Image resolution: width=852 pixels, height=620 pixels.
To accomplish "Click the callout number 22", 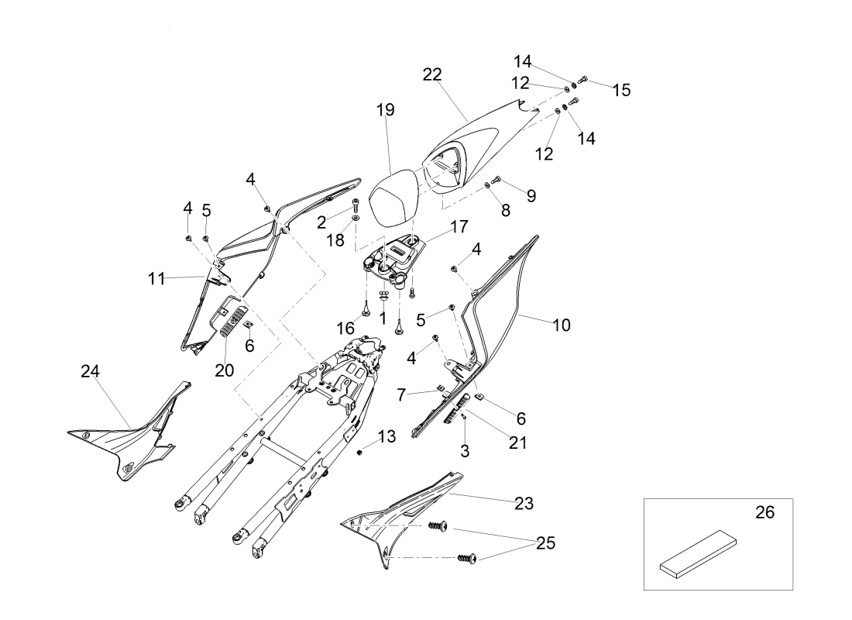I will [x=432, y=74].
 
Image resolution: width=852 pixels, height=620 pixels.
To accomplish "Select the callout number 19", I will [x=386, y=110].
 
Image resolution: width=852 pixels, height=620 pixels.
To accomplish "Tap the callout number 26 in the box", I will [x=764, y=512].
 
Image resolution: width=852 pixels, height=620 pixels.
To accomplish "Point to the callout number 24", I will [x=91, y=371].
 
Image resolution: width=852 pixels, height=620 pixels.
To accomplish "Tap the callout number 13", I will [x=386, y=437].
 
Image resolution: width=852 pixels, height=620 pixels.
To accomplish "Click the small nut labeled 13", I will [x=361, y=452].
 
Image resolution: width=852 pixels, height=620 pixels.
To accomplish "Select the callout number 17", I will [x=459, y=227].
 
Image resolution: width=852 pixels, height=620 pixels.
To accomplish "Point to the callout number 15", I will [x=621, y=90].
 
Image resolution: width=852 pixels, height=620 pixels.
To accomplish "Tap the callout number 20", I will [x=224, y=370].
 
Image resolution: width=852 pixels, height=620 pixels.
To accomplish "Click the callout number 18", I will [x=335, y=241].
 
